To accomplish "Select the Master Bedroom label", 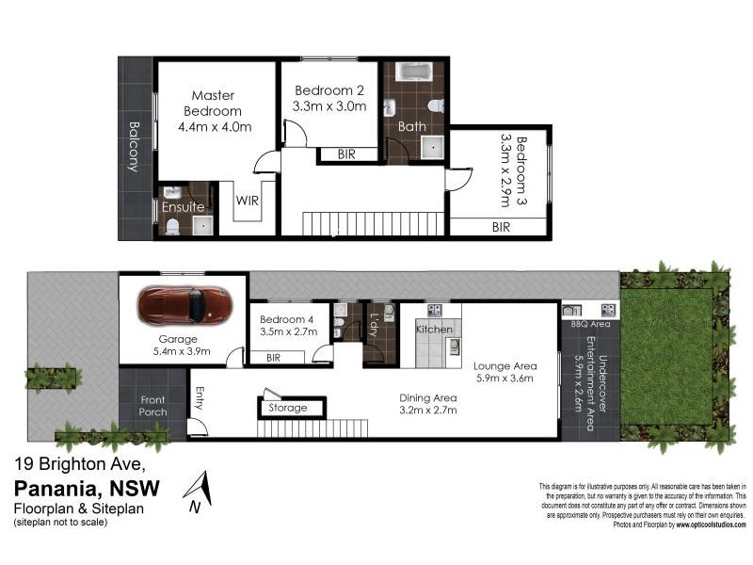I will point(213,104).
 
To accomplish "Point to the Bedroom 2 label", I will point(329,90).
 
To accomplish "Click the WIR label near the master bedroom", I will point(248,201).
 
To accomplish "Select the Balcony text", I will point(134,147).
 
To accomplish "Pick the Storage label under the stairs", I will point(288,408).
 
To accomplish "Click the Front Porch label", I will point(152,406).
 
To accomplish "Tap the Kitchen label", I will point(434,330).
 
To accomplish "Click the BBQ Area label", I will point(590,324).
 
